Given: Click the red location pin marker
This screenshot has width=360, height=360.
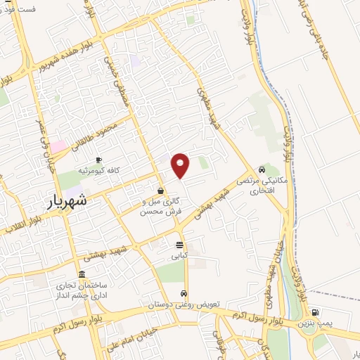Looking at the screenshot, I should click(181, 165).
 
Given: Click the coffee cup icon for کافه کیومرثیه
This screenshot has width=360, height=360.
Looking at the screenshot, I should click(98, 160).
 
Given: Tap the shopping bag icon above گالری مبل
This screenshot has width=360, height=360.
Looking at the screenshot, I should click(161, 191).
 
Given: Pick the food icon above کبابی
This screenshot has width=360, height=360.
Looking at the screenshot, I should click(179, 245).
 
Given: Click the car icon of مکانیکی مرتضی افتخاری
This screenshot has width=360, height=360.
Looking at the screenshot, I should click(262, 169).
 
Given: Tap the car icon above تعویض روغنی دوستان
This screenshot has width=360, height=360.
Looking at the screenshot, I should click(183, 293).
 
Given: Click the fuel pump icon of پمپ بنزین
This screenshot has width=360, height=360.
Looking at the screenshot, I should click(315, 313).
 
